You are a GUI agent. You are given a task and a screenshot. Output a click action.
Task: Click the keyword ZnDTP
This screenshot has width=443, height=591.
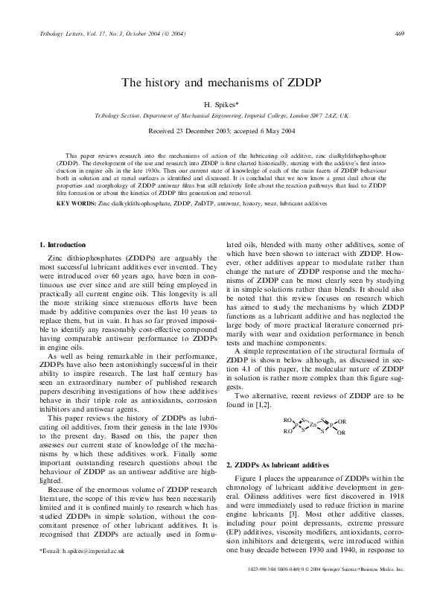[x=223, y=202]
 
